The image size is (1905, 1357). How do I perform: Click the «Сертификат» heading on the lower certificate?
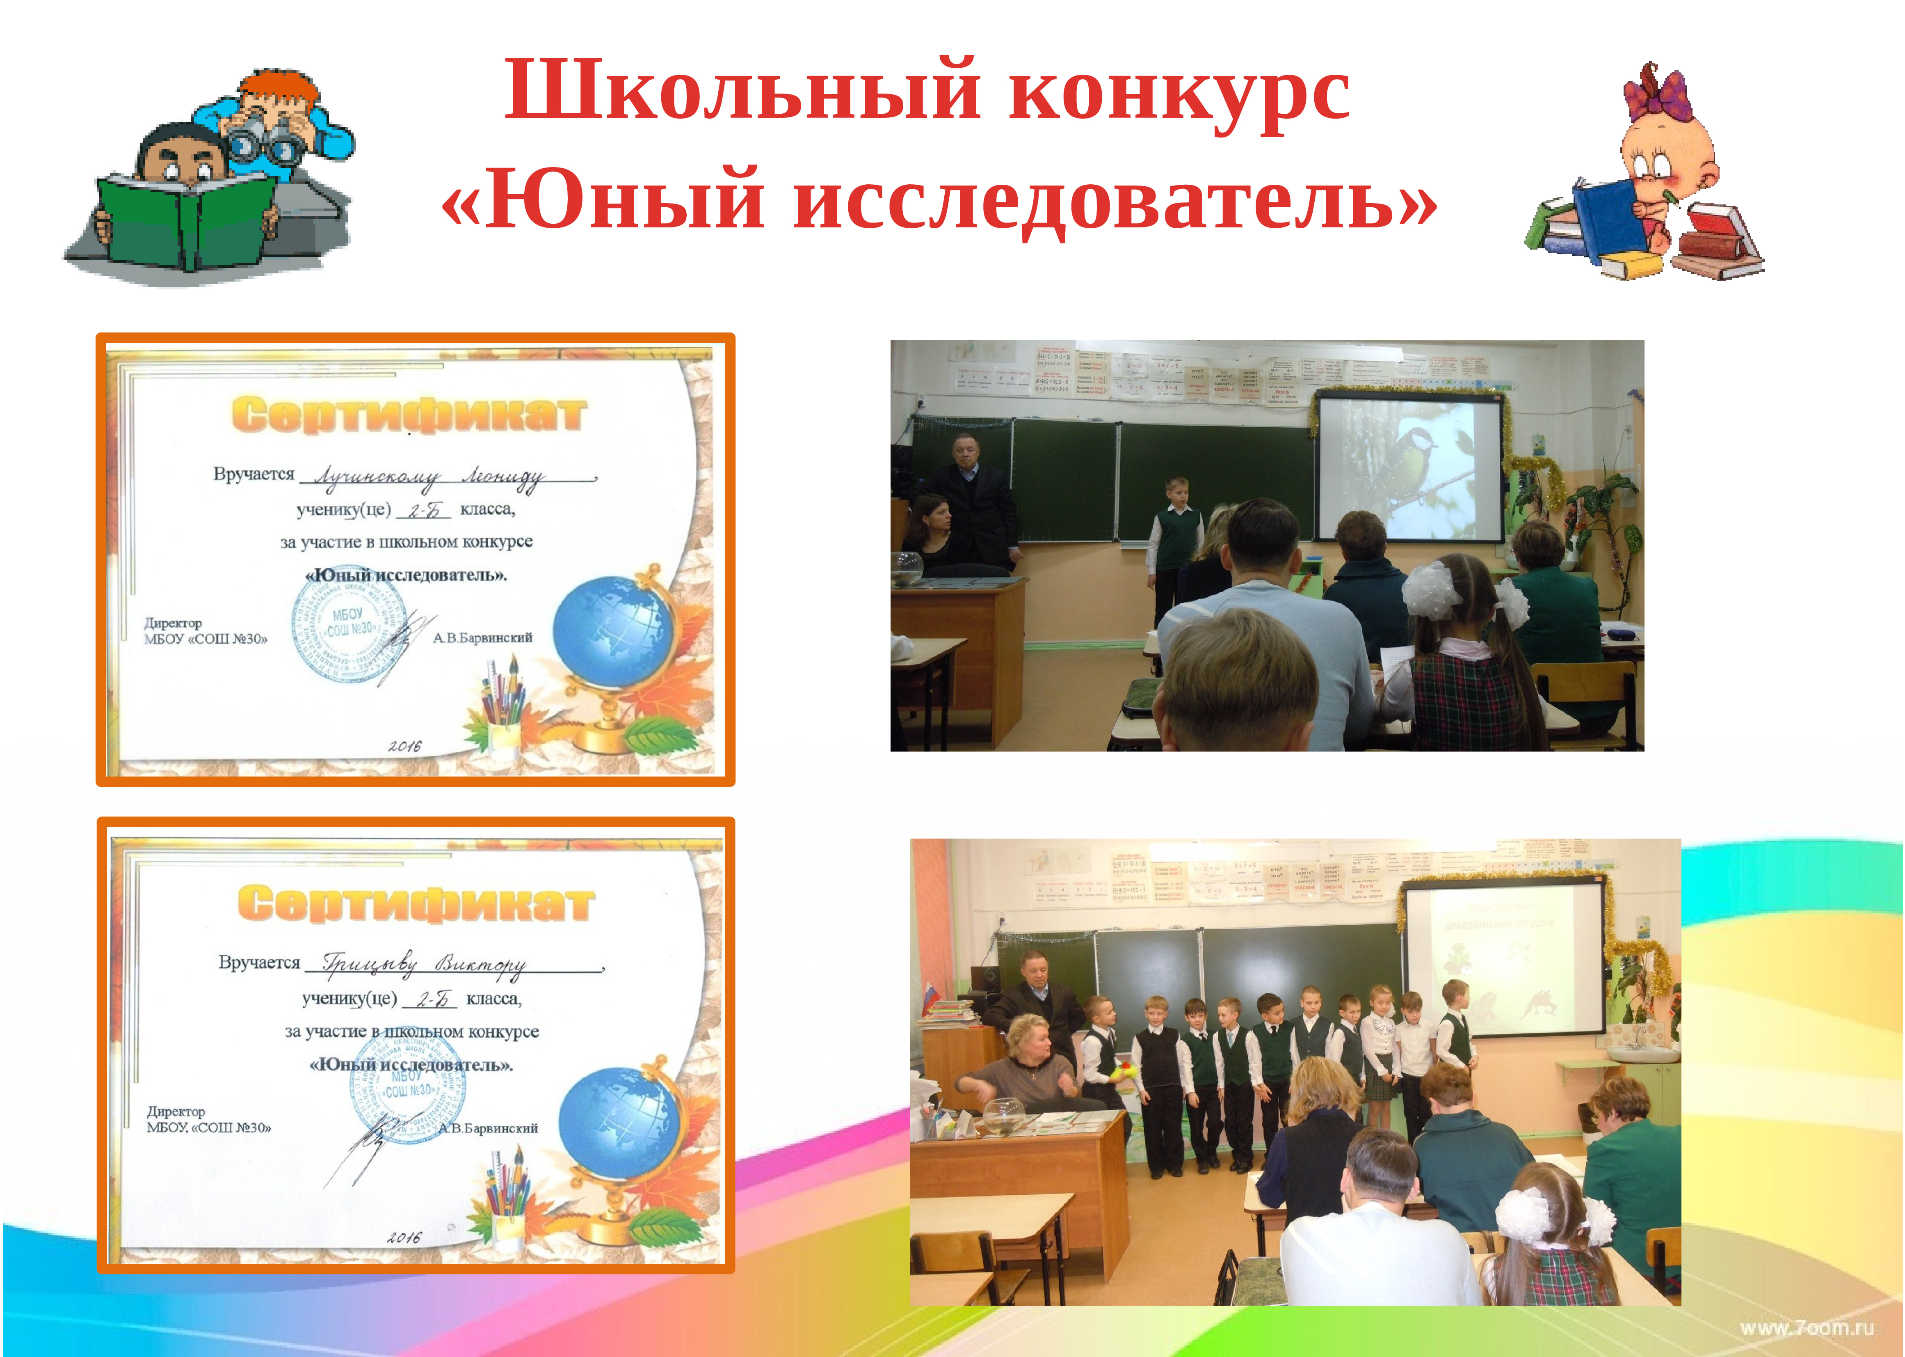(x=415, y=903)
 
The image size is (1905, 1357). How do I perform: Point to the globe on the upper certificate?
(x=612, y=633)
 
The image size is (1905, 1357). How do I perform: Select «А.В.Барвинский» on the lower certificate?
(x=489, y=1128)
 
